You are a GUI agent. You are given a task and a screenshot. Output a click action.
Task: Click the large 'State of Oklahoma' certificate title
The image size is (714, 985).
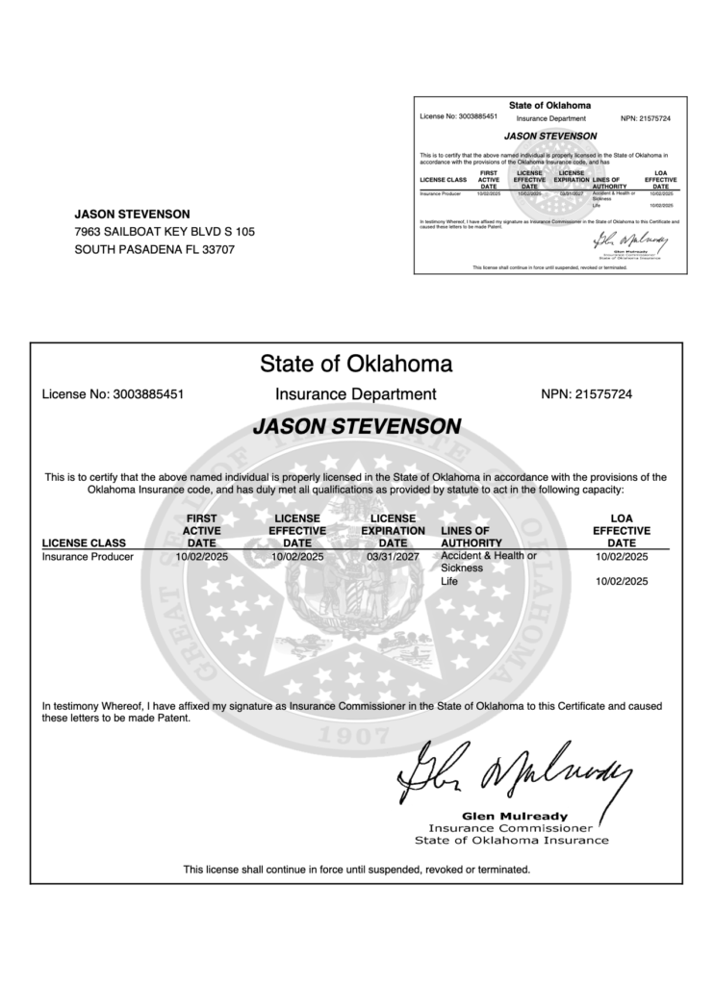coord(356,365)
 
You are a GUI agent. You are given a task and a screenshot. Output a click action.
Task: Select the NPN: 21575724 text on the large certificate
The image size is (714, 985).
coord(587,394)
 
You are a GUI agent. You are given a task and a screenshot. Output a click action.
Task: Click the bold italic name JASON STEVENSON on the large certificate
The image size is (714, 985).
coord(357,425)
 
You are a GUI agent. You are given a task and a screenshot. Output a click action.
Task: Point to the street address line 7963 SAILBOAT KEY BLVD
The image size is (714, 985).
coord(165,232)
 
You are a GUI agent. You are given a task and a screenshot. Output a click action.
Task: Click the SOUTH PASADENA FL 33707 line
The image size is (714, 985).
coord(154,250)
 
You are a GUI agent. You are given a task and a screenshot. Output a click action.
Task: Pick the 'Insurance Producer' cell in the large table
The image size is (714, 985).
coord(88,557)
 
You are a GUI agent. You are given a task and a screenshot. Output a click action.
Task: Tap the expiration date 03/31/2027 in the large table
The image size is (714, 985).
coord(394,557)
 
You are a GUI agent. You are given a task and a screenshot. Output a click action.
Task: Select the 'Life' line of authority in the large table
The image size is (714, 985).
coord(449,582)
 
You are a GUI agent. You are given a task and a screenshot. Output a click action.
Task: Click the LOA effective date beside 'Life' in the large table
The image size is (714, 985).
coord(622,582)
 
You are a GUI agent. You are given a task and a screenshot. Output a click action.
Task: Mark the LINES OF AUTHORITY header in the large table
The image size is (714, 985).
coord(472,537)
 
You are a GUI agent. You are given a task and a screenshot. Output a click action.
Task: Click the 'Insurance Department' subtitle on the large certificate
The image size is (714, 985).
coord(356,394)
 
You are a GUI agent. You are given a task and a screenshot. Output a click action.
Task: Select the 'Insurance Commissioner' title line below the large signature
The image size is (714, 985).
coord(510,827)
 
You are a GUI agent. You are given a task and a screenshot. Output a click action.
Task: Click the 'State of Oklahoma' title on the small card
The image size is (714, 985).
coord(549,105)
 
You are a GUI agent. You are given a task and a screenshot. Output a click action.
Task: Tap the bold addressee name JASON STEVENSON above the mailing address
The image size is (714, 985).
coord(132,214)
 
